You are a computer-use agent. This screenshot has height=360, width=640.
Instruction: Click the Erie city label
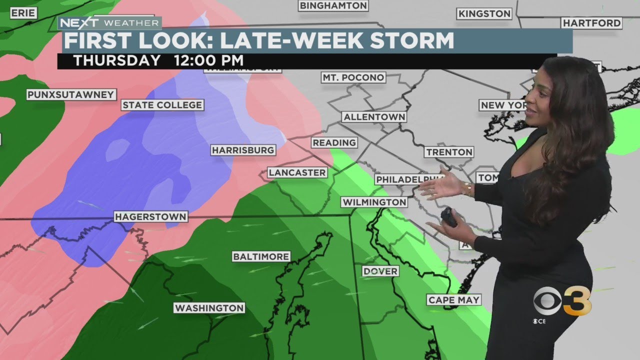tap(23, 13)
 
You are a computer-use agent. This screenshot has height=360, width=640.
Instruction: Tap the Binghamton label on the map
tap(333, 6)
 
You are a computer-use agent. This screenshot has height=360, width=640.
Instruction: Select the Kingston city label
tap(484, 13)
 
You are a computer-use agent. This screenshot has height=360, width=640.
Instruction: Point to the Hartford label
tap(591, 23)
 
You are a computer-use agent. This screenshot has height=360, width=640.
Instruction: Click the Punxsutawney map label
tap(71, 94)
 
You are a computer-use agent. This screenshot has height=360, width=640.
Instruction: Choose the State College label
tap(162, 105)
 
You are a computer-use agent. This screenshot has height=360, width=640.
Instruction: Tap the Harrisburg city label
tap(243, 150)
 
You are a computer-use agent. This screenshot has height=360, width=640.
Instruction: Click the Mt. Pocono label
tap(353, 77)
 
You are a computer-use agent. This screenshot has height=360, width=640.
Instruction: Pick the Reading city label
tap(334, 142)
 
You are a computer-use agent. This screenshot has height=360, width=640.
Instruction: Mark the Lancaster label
tap(297, 172)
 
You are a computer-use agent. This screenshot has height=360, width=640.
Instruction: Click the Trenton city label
tap(449, 152)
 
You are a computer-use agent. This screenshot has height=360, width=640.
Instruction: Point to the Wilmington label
tap(374, 202)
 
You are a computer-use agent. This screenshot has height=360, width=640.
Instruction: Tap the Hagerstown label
tap(150, 217)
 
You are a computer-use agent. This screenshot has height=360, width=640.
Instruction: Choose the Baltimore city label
tap(261, 256)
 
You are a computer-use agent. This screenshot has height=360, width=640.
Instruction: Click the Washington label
tap(209, 308)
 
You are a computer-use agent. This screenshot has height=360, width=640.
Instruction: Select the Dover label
tap(380, 271)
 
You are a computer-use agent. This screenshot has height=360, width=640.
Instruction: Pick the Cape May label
tap(454, 300)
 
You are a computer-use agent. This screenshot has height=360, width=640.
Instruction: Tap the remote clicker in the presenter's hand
tap(449, 217)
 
